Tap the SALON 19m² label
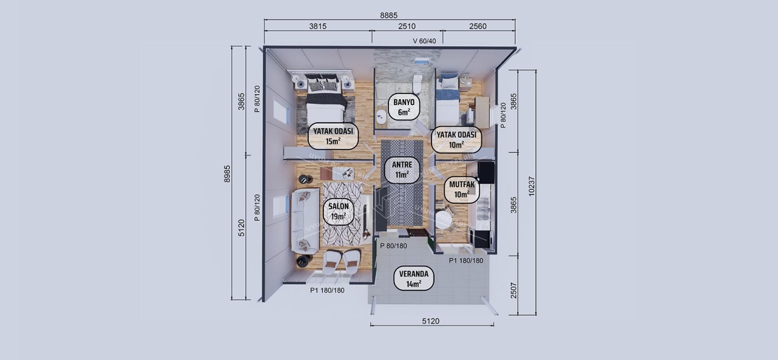pyautogui.click(x=339, y=211)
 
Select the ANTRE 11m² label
pyautogui.click(x=402, y=169)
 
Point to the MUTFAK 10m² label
pyautogui.click(x=462, y=190)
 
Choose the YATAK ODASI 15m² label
pyautogui.click(x=332, y=136)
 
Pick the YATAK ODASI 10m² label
pyautogui.click(x=456, y=139)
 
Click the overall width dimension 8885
pyautogui.click(x=389, y=15)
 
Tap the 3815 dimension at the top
pyautogui.click(x=318, y=26)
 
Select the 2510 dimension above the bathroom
pyautogui.click(x=407, y=26)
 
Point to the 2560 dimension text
pyautogui.click(x=477, y=26)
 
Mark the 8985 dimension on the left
pyautogui.click(x=227, y=173)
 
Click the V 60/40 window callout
pyautogui.click(x=424, y=41)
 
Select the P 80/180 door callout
pyautogui.click(x=394, y=245)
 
